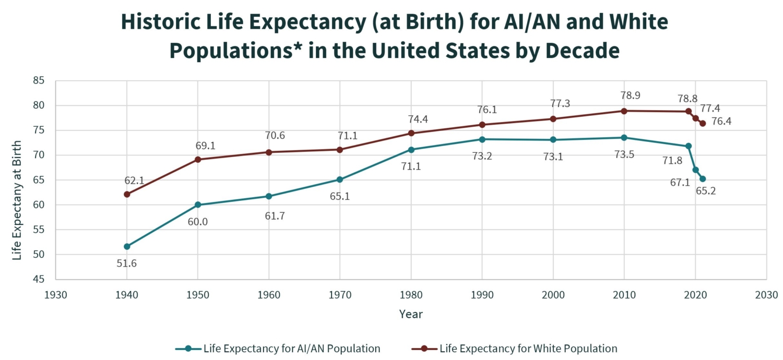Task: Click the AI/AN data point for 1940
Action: click(x=127, y=246)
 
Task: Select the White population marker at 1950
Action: click(x=198, y=159)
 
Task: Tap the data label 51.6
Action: click(x=127, y=263)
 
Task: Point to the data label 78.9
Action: click(x=630, y=95)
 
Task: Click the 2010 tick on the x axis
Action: click(x=624, y=295)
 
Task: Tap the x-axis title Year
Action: click(x=411, y=314)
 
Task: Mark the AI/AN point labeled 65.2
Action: click(x=703, y=179)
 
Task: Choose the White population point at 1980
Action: click(x=411, y=133)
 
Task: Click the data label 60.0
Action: click(x=198, y=222)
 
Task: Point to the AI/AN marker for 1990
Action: click(x=482, y=139)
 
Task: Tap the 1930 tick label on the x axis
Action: click(x=56, y=295)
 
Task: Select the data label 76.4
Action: click(x=721, y=122)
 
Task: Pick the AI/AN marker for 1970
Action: click(x=340, y=179)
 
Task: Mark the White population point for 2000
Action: click(x=553, y=119)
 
